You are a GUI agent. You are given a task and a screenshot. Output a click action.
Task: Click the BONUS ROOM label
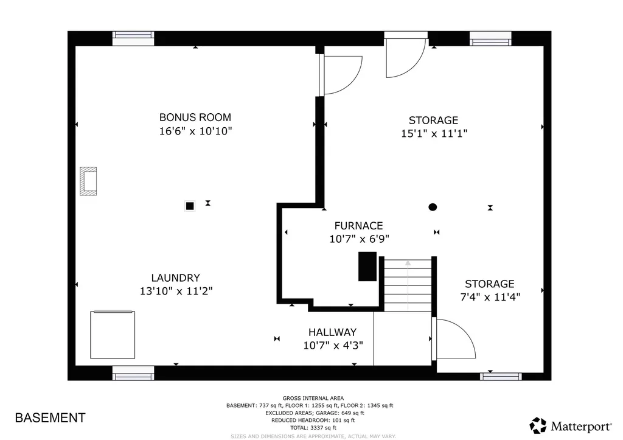(195, 117)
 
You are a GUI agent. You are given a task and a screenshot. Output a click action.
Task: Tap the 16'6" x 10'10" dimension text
(195, 131)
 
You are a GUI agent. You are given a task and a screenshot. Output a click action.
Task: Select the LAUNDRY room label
(176, 278)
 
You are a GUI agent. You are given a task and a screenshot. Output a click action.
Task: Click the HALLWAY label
(332, 332)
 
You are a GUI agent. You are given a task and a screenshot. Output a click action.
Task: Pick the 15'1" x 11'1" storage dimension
(433, 134)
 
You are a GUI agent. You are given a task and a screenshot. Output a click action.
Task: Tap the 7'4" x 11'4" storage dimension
(490, 297)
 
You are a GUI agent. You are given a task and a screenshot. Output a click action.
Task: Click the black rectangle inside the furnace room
(367, 266)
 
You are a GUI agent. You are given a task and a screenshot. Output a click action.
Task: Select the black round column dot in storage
(433, 207)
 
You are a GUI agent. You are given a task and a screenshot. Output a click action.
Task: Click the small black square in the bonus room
(190, 206)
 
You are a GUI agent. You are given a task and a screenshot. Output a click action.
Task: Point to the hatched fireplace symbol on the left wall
(88, 181)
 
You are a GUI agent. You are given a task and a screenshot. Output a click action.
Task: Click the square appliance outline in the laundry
(113, 335)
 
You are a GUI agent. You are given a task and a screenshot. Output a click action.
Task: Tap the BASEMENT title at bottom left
(50, 418)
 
